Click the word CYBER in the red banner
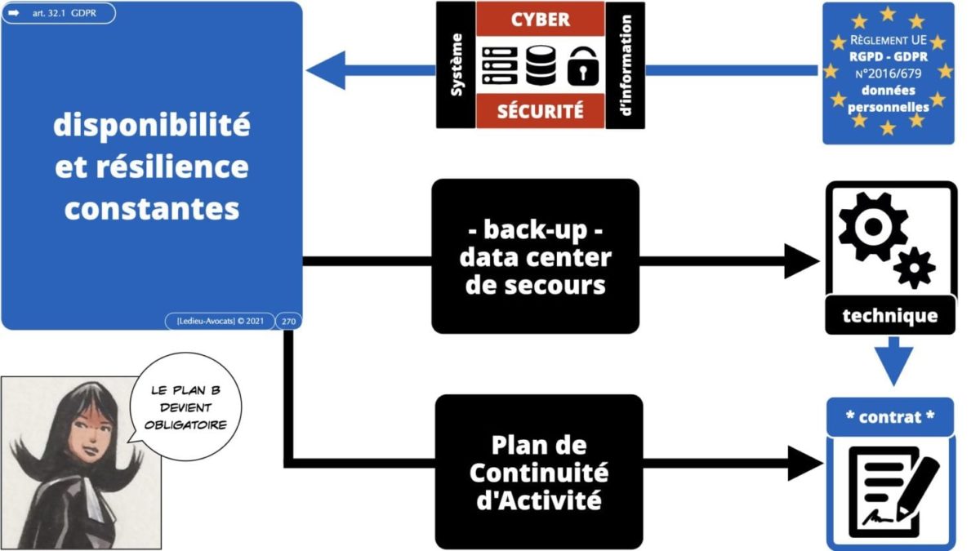(540, 18)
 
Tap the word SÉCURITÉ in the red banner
(540, 109)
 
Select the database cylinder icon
(539, 64)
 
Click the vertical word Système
(456, 64)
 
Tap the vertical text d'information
(626, 64)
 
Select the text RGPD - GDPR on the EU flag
(888, 56)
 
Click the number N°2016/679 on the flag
(888, 73)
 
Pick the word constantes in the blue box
(152, 209)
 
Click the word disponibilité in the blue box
(152, 126)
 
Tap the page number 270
(288, 321)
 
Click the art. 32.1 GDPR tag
(57, 13)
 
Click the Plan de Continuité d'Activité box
(538, 471)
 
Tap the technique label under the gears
(889, 316)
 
